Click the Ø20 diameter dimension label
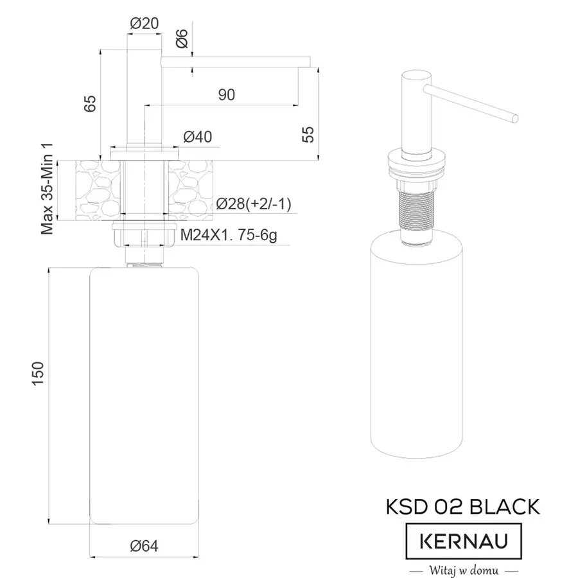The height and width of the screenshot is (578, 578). click(144, 23)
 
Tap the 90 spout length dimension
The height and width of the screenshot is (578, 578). click(226, 95)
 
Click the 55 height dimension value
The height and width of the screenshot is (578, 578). click(309, 134)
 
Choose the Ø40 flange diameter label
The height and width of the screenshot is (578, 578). click(198, 137)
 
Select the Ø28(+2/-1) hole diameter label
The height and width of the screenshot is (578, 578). click(254, 204)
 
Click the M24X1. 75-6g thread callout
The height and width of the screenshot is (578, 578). click(229, 236)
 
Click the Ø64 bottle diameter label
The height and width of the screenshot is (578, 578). click(144, 546)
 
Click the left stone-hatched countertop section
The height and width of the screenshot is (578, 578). click(98, 191)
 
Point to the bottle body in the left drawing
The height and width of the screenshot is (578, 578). click(144, 392)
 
